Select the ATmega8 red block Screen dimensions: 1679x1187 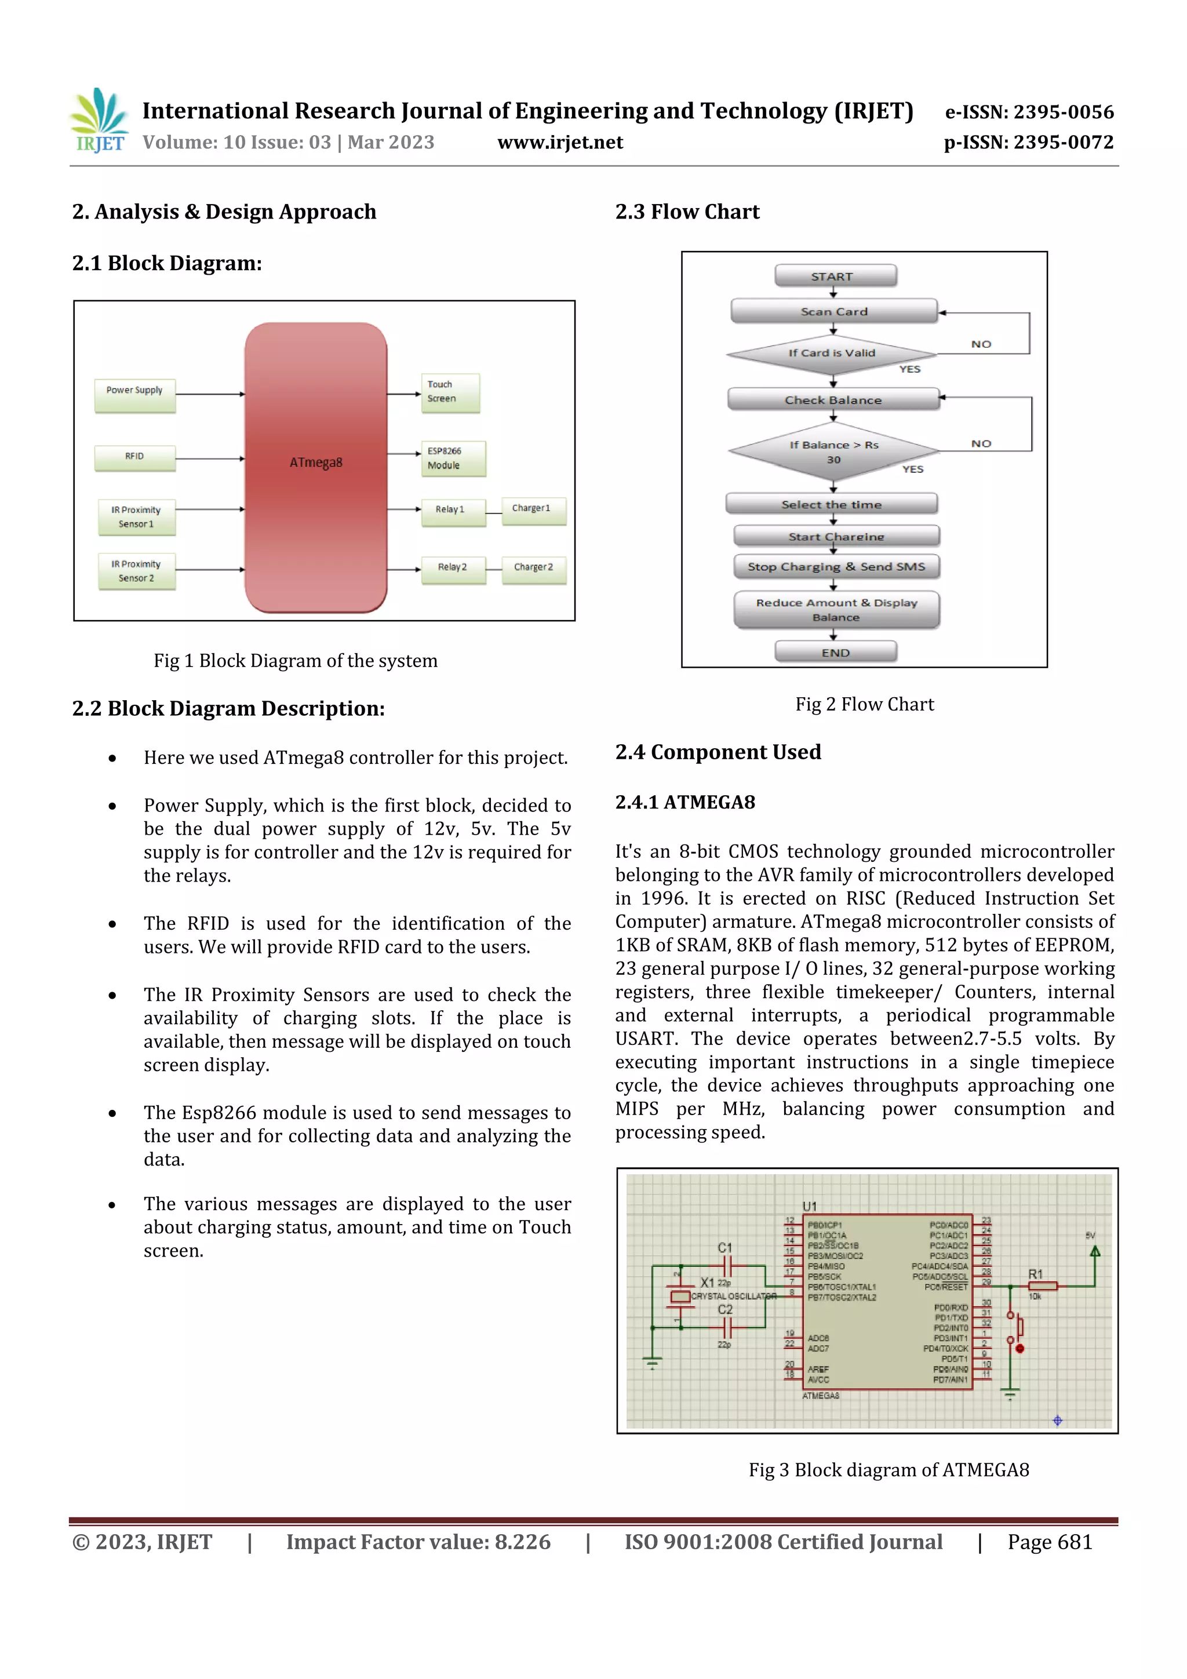click(x=315, y=467)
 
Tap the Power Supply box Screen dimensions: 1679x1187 click(x=134, y=395)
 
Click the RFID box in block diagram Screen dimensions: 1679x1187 click(x=134, y=458)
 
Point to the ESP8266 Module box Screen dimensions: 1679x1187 click(x=453, y=458)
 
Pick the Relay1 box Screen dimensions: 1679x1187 click(x=453, y=511)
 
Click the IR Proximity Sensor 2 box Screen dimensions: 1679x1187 click(x=136, y=571)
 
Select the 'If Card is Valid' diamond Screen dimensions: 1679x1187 click(x=832, y=354)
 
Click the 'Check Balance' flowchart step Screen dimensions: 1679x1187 click(x=833, y=399)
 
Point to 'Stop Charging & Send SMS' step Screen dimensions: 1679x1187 click(x=836, y=567)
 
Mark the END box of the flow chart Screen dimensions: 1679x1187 click(x=835, y=651)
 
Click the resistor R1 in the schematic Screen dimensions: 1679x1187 click(x=1042, y=1285)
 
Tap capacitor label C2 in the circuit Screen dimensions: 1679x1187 click(x=725, y=1310)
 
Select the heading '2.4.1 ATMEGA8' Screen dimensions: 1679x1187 click(x=684, y=802)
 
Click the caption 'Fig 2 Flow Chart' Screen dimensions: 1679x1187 click(x=865, y=704)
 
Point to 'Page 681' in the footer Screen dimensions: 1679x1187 click(x=1050, y=1542)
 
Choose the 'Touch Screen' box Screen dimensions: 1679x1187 click(x=450, y=393)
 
